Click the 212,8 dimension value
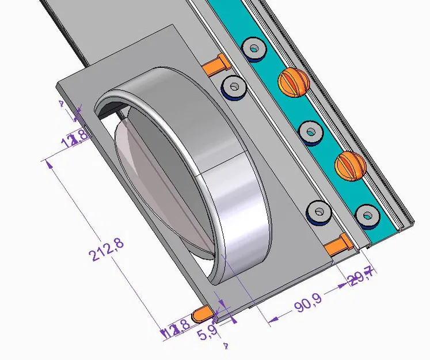(x=106, y=249)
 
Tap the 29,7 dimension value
(x=361, y=281)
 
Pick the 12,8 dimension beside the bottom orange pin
(x=176, y=331)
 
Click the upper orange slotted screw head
(x=294, y=81)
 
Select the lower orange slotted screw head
(x=350, y=166)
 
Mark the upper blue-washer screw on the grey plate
(x=234, y=89)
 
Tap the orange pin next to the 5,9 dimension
(x=203, y=314)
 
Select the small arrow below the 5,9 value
(x=226, y=346)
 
